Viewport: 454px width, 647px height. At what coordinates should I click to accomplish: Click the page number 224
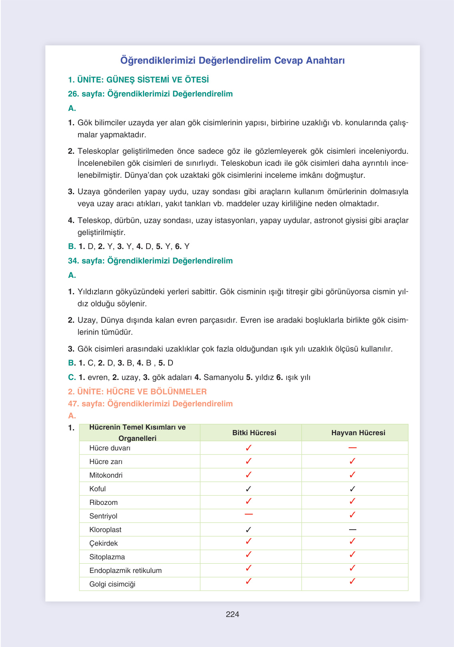click(x=232, y=614)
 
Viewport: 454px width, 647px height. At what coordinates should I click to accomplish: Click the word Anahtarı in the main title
click(x=325, y=60)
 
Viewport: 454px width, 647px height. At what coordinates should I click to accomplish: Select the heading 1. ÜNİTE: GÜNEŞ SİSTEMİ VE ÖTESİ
click(x=139, y=80)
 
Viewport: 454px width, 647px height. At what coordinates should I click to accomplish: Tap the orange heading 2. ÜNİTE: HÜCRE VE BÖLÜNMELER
click(x=137, y=392)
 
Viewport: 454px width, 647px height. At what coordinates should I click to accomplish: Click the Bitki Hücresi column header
click(x=254, y=433)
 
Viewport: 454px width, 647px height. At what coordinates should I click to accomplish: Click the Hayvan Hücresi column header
click(x=358, y=433)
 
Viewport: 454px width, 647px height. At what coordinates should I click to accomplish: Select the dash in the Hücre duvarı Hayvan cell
click(x=352, y=448)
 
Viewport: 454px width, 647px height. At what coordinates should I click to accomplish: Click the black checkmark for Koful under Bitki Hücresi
click(x=248, y=489)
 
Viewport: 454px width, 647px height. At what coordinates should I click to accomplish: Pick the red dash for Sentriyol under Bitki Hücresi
click(x=249, y=514)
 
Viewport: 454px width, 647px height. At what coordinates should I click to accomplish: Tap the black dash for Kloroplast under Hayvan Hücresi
click(x=352, y=530)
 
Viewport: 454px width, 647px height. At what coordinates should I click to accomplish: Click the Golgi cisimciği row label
click(x=112, y=584)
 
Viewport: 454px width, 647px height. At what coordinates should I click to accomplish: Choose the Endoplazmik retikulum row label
click(x=125, y=571)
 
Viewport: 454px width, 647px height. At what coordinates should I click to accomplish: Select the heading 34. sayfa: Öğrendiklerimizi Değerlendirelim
click(x=150, y=261)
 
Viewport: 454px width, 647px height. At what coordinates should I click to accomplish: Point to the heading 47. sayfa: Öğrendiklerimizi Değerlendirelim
click(x=150, y=404)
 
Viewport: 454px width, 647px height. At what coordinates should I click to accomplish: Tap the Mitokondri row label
click(x=106, y=475)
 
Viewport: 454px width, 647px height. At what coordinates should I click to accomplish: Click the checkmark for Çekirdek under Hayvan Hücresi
click(x=352, y=541)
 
